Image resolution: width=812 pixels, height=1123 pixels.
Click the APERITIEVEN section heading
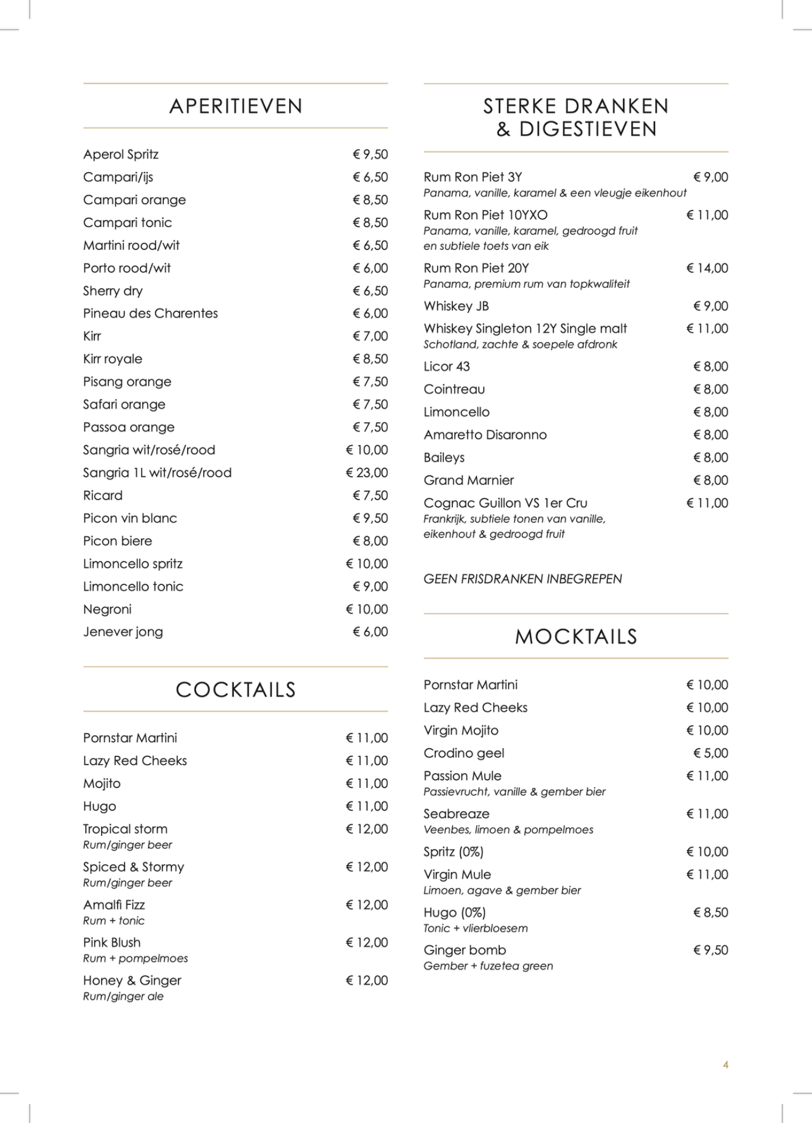(x=236, y=106)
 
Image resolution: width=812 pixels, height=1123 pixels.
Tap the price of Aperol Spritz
(x=370, y=154)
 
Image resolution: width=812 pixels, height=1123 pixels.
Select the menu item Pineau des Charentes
(x=150, y=314)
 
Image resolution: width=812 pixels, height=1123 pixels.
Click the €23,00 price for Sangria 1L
(x=367, y=473)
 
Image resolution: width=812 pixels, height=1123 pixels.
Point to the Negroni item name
(x=107, y=609)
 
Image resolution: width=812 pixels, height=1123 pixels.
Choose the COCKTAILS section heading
(x=236, y=690)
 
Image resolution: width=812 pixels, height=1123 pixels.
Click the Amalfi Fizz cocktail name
(x=114, y=905)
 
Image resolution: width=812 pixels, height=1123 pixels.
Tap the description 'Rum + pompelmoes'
(x=135, y=959)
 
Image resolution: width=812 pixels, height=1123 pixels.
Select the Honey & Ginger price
(x=367, y=981)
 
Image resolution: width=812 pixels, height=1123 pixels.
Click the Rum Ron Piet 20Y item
(x=476, y=268)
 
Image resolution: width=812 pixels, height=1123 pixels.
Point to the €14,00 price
(x=707, y=268)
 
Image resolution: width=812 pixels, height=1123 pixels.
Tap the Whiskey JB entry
(x=456, y=306)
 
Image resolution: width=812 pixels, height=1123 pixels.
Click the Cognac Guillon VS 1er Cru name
(x=505, y=503)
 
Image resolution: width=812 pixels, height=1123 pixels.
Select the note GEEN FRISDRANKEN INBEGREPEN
(x=522, y=579)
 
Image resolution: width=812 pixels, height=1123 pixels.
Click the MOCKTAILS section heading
(x=576, y=636)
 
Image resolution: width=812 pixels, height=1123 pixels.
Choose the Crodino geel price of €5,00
(x=711, y=753)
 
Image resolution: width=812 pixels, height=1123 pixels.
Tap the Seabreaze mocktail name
(x=456, y=814)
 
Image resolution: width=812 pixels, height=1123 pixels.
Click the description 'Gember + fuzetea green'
(x=488, y=966)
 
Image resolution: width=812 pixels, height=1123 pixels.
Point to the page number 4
(x=725, y=1065)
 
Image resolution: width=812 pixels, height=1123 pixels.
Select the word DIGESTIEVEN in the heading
(x=588, y=129)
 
